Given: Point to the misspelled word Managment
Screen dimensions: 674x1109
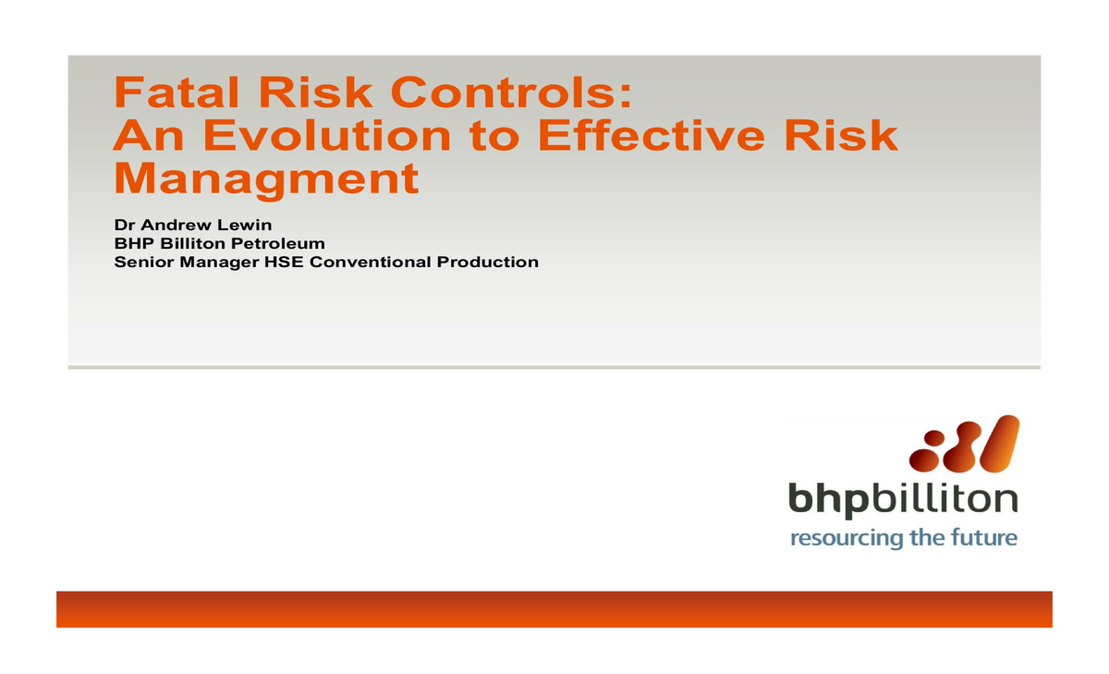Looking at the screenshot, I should coord(266,178).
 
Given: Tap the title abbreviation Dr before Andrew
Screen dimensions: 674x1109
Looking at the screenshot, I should coord(124,226).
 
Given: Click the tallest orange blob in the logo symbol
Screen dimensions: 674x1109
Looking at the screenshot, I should coord(996,444).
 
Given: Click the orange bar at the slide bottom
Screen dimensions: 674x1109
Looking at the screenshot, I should coord(554,609).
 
